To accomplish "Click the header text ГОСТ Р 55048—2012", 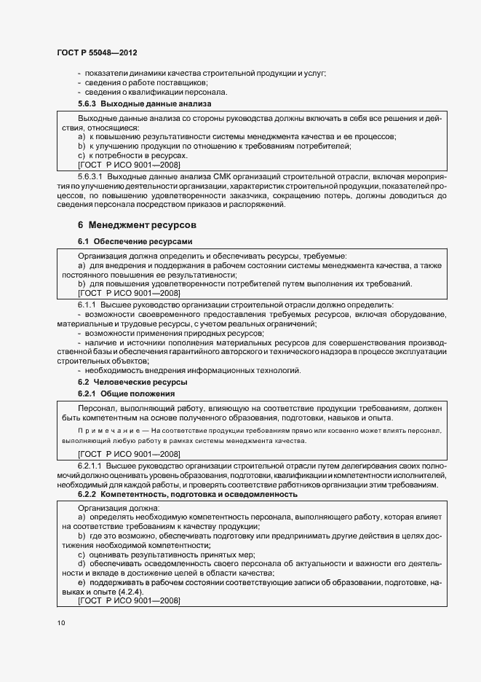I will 97,53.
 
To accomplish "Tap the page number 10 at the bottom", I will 60,623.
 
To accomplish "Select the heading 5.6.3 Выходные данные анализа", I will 124,105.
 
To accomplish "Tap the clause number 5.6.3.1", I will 92,176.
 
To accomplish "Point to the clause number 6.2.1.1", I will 92,464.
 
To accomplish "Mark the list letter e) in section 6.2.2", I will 82,583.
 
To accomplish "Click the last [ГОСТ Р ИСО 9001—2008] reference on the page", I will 128,600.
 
